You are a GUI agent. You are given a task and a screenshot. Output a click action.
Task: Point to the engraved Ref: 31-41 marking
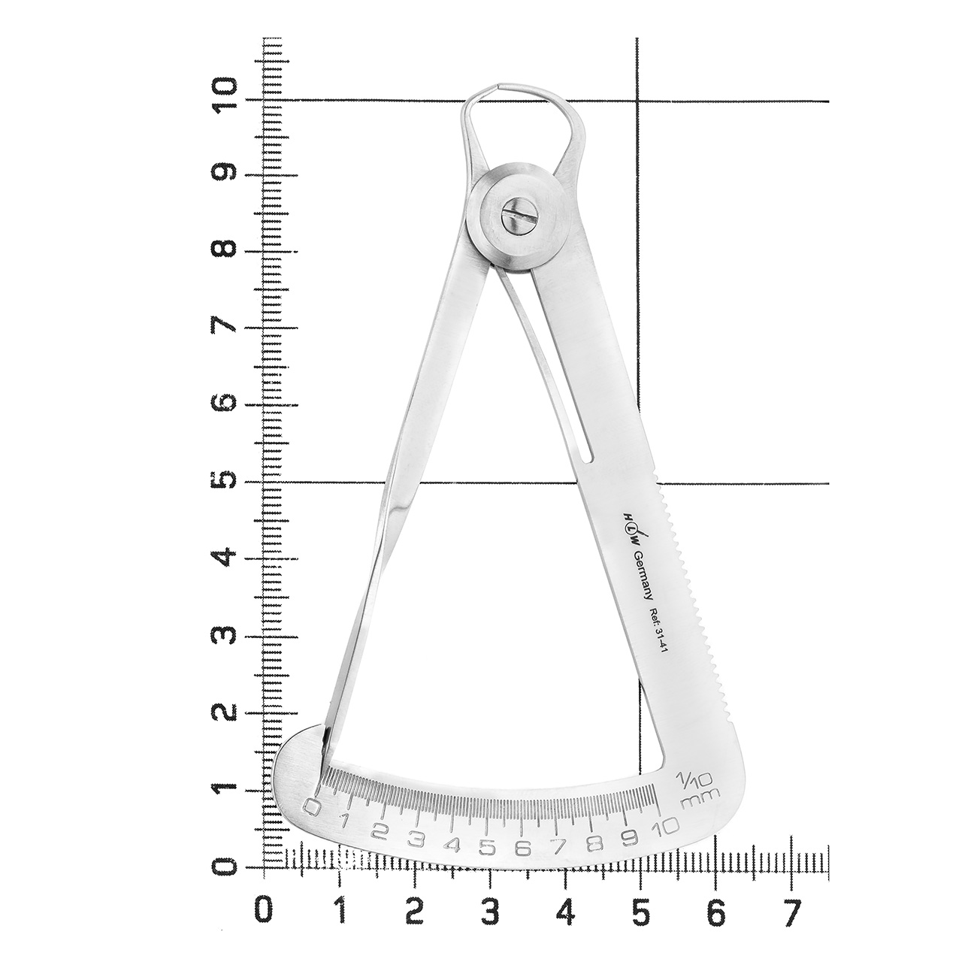(x=658, y=634)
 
